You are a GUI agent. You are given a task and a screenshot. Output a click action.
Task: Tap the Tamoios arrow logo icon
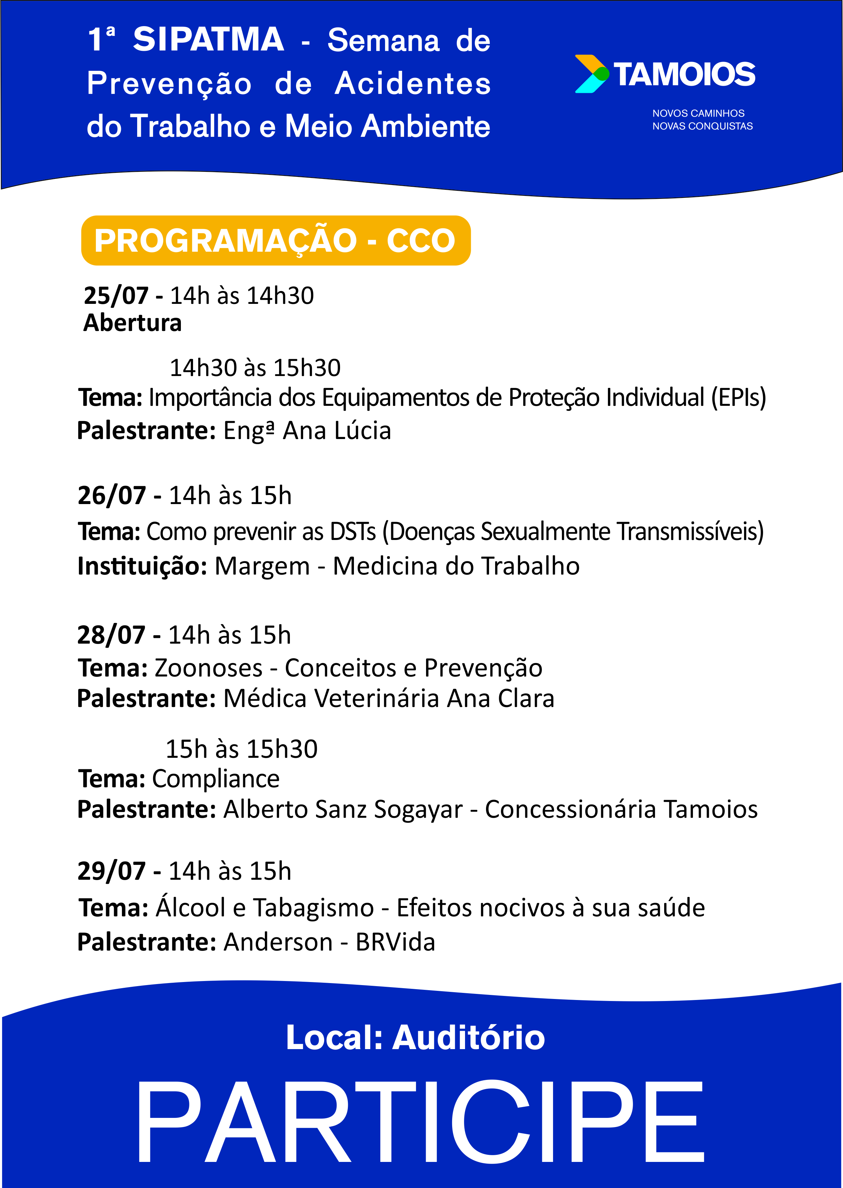592,74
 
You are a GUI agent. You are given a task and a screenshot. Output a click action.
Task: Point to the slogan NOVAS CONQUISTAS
702,126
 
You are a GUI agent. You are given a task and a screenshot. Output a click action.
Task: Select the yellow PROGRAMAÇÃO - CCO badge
276,241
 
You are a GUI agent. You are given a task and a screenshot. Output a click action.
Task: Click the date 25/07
116,295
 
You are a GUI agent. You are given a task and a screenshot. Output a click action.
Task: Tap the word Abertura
132,323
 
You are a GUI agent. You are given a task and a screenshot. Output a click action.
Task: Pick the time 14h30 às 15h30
255,368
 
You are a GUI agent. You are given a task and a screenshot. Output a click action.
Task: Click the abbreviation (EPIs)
738,398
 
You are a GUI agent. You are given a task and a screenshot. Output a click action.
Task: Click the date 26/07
112,495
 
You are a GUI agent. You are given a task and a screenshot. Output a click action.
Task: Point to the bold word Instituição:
143,566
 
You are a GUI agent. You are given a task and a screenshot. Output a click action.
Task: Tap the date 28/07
111,635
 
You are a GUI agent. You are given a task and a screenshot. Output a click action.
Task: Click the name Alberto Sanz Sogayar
343,810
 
